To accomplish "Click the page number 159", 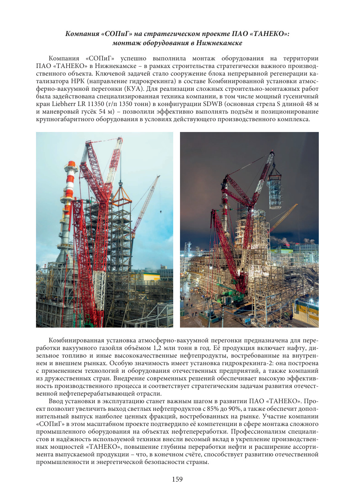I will click(177, 479).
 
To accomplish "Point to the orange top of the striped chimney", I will click(72, 164).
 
